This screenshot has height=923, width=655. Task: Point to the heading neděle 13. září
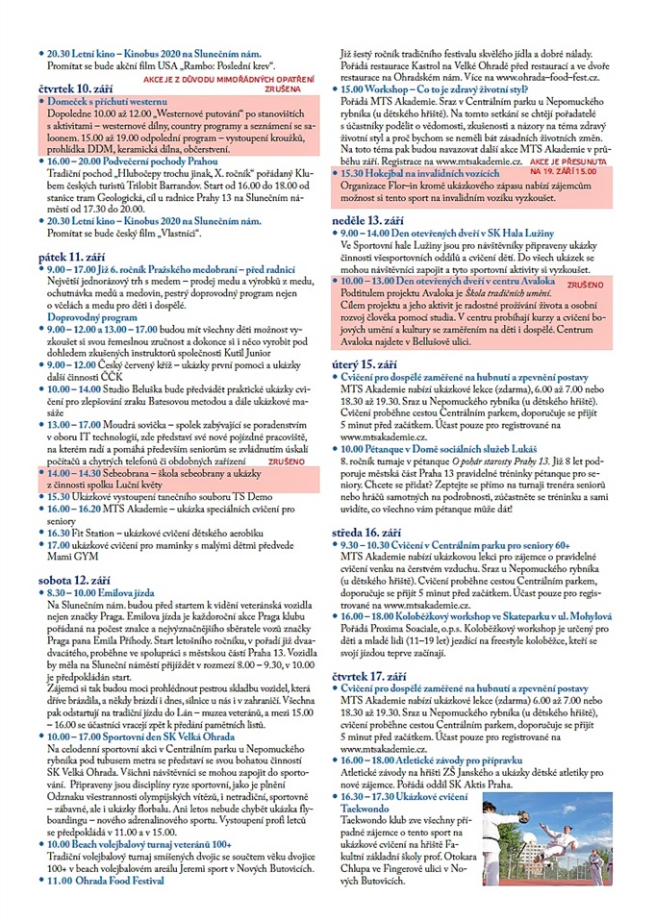point(367,219)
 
